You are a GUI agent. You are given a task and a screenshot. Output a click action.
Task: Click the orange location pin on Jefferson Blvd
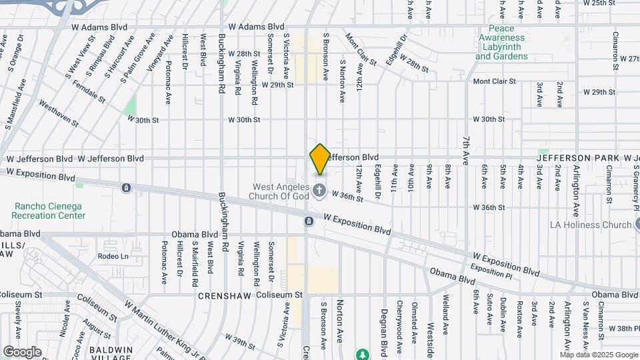tap(320, 159)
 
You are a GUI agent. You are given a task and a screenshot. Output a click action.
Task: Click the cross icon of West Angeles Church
tap(319, 192)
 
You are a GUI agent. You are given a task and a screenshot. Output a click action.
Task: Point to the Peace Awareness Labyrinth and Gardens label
tap(501, 42)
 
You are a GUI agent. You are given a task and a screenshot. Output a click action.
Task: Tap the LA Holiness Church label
tap(590, 225)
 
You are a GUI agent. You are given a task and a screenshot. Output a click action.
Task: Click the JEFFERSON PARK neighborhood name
tap(579, 158)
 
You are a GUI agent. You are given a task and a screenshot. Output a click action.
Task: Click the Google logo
tap(22, 351)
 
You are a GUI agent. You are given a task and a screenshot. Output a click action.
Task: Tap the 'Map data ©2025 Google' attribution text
tap(599, 355)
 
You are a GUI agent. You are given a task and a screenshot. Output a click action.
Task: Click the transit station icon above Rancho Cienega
tap(126, 188)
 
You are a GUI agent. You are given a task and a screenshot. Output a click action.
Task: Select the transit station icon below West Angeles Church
tap(309, 221)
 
